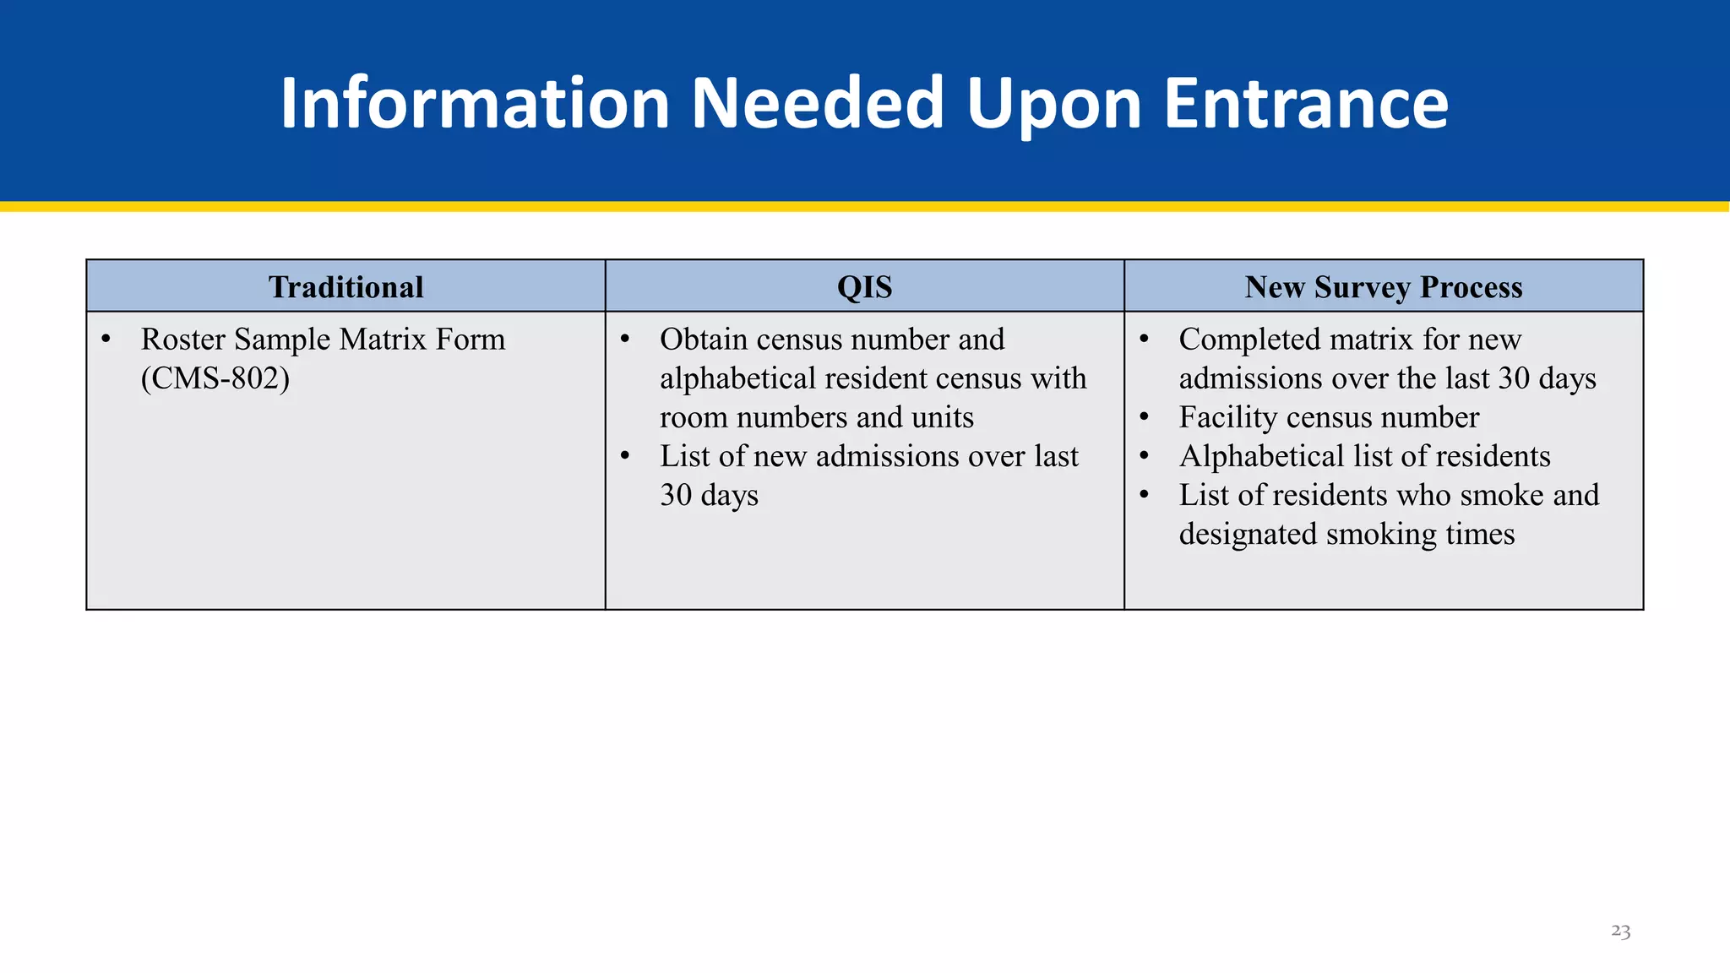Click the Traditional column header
click(x=345, y=287)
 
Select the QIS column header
click(x=864, y=287)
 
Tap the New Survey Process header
click(x=1383, y=287)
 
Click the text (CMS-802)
click(x=215, y=378)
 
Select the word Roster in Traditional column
click(x=183, y=340)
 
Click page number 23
click(x=1620, y=931)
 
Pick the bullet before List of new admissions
click(x=625, y=457)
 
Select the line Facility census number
click(x=1329, y=417)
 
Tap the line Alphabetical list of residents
click(x=1364, y=456)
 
